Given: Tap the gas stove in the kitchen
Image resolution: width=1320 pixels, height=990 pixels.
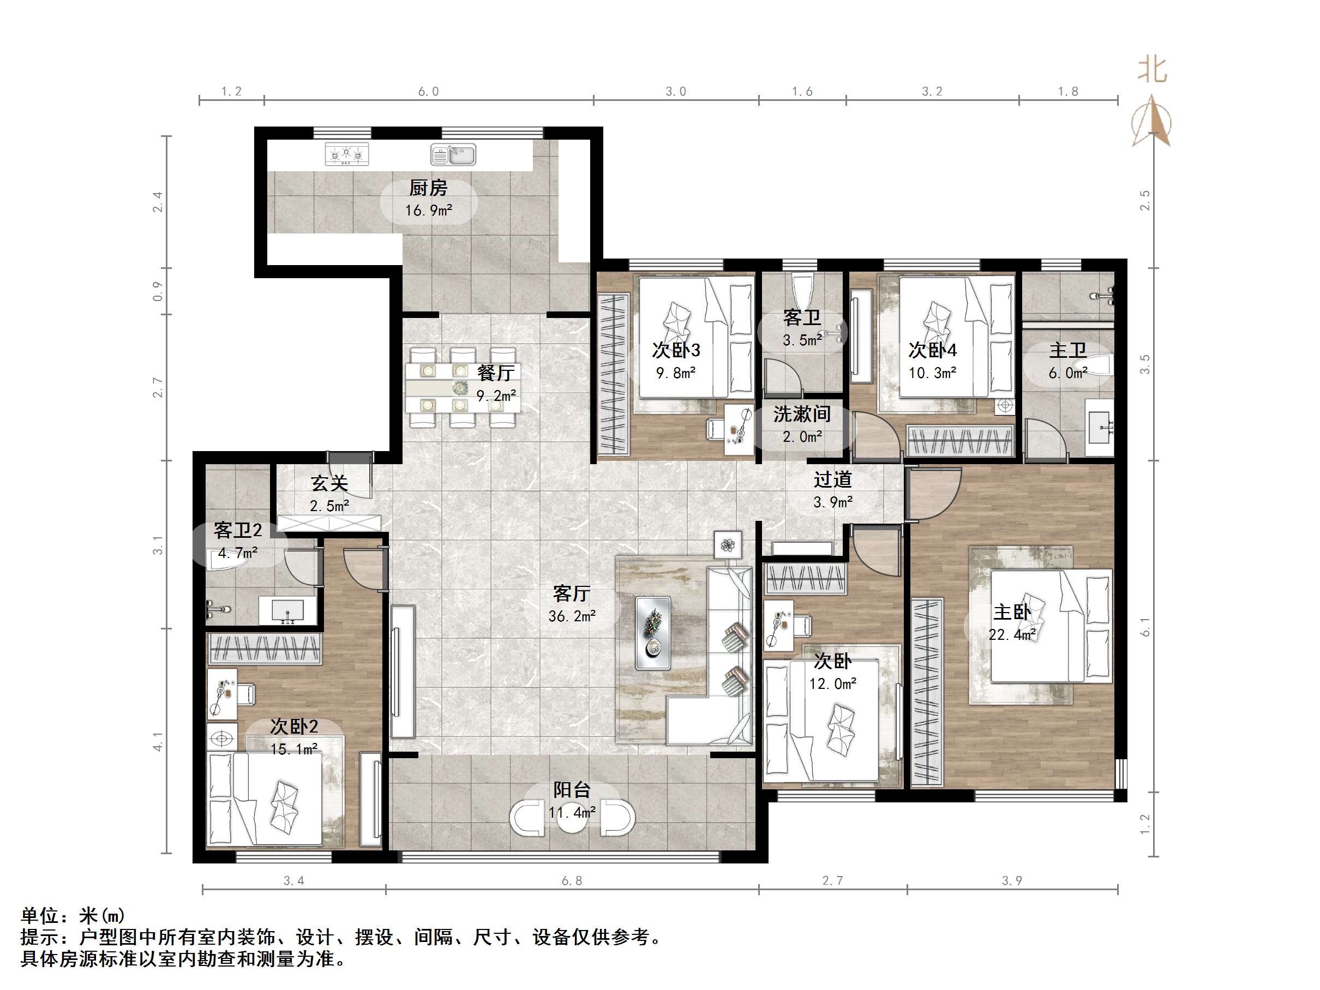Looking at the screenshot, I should click(x=347, y=154).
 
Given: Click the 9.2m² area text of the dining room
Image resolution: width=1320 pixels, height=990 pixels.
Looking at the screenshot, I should click(x=496, y=395).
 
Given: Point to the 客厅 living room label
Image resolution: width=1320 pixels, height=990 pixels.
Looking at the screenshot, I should click(x=571, y=592).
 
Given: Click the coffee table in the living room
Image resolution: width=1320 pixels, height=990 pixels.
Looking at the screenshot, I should click(x=653, y=633).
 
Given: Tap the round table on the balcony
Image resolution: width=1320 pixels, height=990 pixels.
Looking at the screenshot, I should click(x=572, y=817).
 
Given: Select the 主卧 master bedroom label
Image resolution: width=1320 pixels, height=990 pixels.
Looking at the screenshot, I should click(x=1011, y=611).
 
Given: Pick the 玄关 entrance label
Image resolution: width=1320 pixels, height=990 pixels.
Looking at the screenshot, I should click(x=329, y=483).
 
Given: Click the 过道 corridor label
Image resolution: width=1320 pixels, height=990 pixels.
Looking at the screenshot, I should click(x=832, y=479).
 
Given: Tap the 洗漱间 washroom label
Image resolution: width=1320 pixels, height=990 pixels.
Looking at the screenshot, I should click(x=801, y=413).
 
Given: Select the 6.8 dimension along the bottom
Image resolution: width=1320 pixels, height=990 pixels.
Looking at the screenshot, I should click(x=571, y=881).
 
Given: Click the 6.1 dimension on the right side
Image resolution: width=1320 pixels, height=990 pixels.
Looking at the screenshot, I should click(x=1144, y=627).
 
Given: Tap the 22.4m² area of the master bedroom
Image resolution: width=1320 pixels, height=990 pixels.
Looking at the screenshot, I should click(x=1011, y=635).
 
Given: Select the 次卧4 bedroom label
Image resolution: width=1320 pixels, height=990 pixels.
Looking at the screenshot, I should click(x=932, y=350).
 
